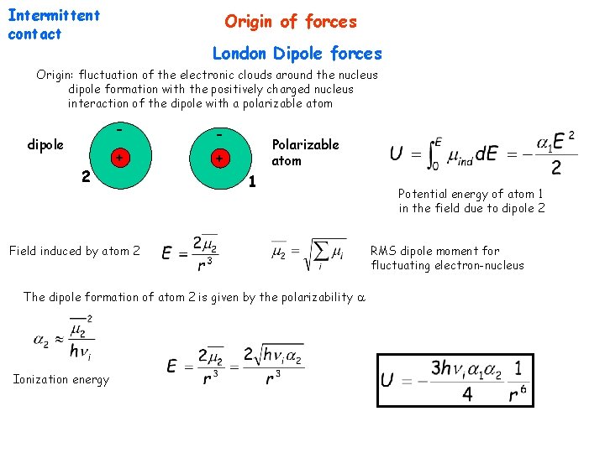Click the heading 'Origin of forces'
[x=290, y=22]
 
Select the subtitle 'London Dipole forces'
[x=297, y=54]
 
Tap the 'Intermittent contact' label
[x=53, y=24]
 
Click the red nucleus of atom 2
[x=120, y=158]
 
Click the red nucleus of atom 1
[x=219, y=158]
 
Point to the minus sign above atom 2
[x=120, y=130]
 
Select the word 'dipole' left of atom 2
[x=45, y=144]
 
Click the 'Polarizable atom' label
[x=305, y=152]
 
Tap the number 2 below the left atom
[x=85, y=176]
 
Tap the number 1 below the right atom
[x=252, y=181]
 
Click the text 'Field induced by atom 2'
[x=74, y=251]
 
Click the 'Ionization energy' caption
[x=61, y=379]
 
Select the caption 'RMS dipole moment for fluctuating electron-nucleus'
[x=446, y=258]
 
